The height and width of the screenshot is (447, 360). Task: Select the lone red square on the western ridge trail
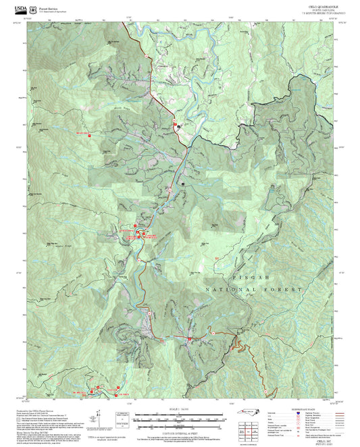pyautogui.click(x=87, y=134)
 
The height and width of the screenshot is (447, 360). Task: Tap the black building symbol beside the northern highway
pyautogui.click(x=178, y=126)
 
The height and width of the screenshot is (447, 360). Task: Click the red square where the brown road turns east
pyautogui.click(x=211, y=333)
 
